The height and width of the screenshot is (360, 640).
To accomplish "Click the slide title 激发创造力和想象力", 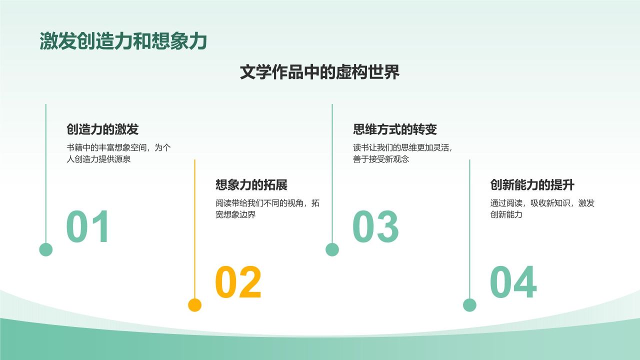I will click(x=123, y=42).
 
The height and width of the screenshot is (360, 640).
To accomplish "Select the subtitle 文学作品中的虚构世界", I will click(x=319, y=72).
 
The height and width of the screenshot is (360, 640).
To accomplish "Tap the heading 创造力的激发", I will click(x=102, y=129).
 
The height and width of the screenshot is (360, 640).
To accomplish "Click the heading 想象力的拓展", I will click(x=251, y=185).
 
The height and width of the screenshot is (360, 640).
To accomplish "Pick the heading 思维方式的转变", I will click(x=395, y=129).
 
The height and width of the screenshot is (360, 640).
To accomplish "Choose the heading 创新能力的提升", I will click(x=532, y=185).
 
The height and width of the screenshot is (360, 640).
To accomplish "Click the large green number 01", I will click(x=88, y=227).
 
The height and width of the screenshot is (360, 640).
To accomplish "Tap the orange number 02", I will click(x=238, y=282).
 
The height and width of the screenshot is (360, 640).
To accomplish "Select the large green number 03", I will click(x=375, y=227).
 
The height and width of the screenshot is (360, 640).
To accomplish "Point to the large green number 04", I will click(x=513, y=282).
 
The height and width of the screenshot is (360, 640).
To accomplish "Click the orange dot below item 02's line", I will click(x=194, y=305).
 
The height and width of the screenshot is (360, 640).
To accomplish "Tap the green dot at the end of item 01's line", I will click(x=46, y=249).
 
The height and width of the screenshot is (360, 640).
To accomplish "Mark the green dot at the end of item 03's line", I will click(x=332, y=249).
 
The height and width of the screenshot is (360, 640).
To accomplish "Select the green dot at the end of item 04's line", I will click(x=469, y=305).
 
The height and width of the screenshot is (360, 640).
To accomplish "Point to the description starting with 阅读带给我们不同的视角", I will click(x=267, y=209).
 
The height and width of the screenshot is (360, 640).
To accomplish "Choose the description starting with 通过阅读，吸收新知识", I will click(x=542, y=209).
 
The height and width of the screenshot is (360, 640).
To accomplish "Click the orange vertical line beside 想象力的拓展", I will click(x=194, y=225).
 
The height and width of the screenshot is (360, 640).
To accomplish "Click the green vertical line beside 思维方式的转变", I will click(x=332, y=170).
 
